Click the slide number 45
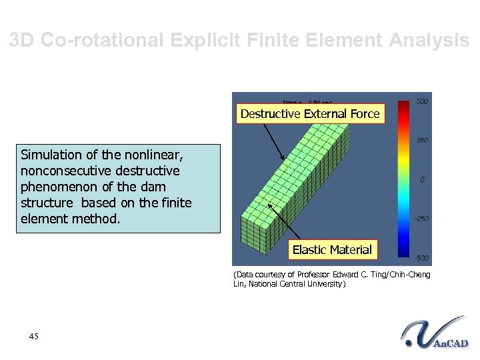coord(34,336)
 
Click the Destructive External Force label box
coord(310,114)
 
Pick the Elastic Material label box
coord(332,250)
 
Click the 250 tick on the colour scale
coord(421,140)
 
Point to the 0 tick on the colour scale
coord(421,180)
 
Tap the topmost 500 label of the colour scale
coord(421,101)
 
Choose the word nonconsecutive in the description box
coord(63,171)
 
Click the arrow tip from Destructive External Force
coord(284,159)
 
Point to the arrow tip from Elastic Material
coord(268,204)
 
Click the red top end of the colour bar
coord(404,104)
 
